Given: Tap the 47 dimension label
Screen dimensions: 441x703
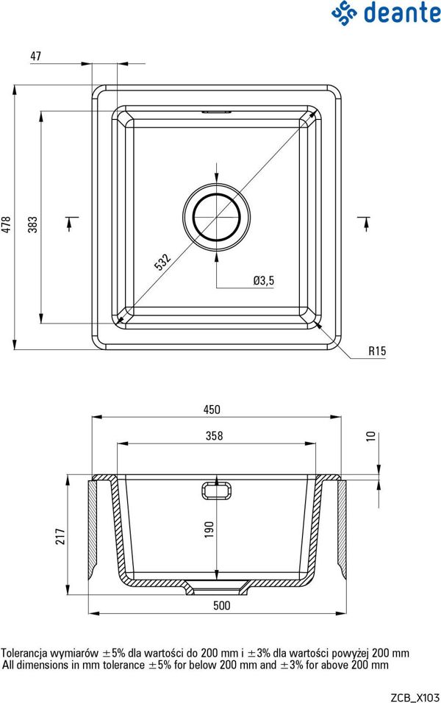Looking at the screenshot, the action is click(36, 56).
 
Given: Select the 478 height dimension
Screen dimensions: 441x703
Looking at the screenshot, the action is click(7, 224).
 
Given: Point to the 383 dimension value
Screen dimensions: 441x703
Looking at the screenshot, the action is click(33, 224).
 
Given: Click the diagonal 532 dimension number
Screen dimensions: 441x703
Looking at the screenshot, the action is click(162, 263).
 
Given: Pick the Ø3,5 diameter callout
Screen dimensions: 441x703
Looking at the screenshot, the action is click(264, 281).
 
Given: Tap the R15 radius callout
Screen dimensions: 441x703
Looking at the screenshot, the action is click(377, 351).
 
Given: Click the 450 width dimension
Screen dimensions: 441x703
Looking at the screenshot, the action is click(212, 410).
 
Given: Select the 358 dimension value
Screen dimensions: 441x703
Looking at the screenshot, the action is click(214, 435).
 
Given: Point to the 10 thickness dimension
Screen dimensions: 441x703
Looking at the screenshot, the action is click(370, 436).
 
